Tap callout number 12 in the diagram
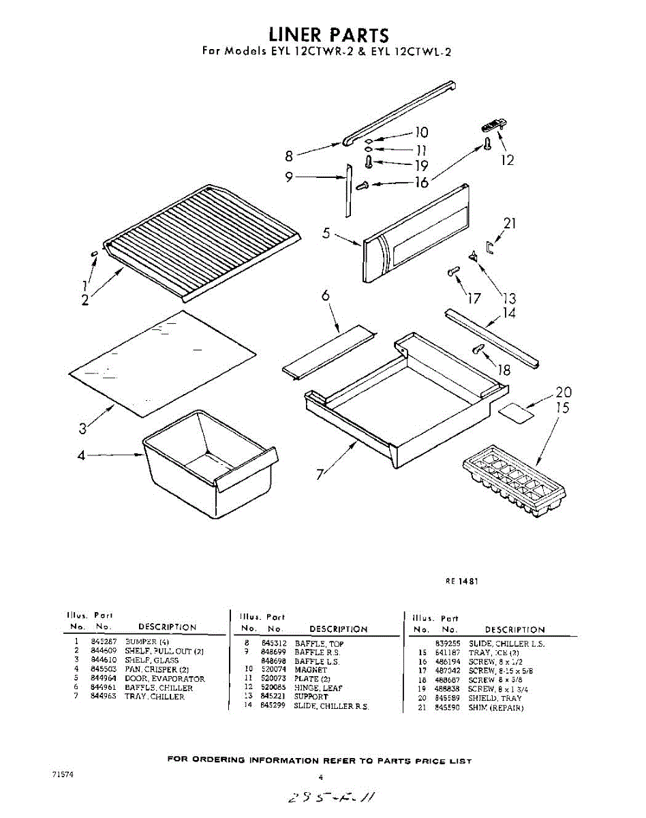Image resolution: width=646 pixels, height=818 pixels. [x=506, y=160]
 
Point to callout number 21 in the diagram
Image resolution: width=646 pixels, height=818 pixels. [x=510, y=223]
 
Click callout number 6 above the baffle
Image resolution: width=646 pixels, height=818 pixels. [x=326, y=295]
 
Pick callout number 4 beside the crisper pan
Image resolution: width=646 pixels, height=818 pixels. [x=81, y=455]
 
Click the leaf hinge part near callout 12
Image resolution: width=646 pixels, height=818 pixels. [x=491, y=126]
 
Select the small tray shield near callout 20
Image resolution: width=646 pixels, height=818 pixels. [x=516, y=410]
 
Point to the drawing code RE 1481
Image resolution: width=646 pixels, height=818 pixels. [x=462, y=581]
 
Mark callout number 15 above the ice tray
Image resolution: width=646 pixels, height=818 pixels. [x=562, y=408]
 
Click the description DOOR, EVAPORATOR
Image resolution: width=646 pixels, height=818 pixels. [x=164, y=679]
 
